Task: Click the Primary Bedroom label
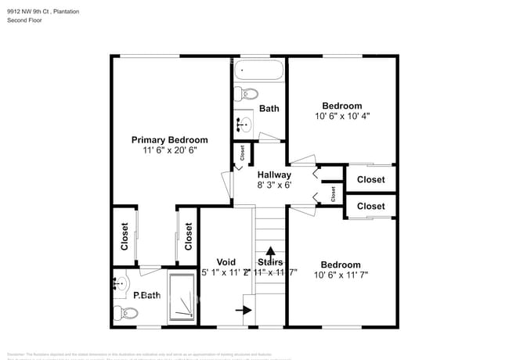point(169,139)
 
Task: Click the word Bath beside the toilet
point(269,109)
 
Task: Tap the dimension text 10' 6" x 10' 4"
point(341,116)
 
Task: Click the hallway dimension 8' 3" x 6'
point(274,185)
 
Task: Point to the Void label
point(226,262)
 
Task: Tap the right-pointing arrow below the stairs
point(244,310)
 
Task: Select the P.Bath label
point(146,295)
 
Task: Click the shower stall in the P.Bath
point(182,297)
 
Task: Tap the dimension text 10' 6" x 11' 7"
point(341,275)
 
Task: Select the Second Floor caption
point(24,20)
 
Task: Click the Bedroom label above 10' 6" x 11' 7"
point(341,265)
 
